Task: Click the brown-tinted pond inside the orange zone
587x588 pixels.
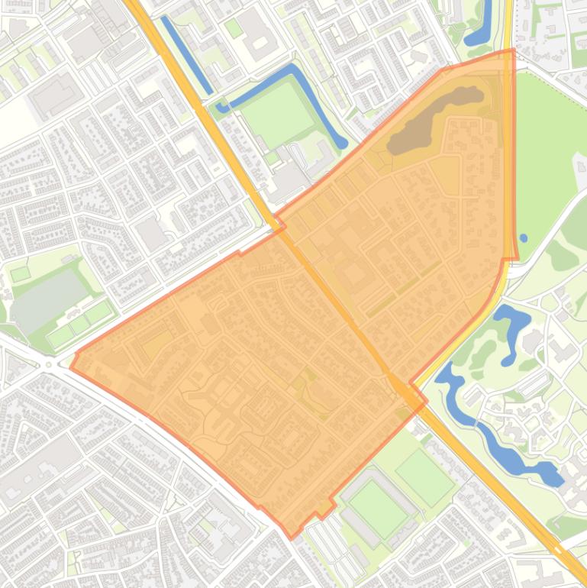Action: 431,121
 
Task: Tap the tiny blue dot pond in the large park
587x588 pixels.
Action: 523,237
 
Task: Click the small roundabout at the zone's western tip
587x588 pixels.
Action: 52,363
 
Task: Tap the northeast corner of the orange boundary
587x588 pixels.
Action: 514,50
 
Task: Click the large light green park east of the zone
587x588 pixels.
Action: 550,153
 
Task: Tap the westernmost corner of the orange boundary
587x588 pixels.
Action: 71,367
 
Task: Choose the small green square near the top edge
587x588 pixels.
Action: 234,28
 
